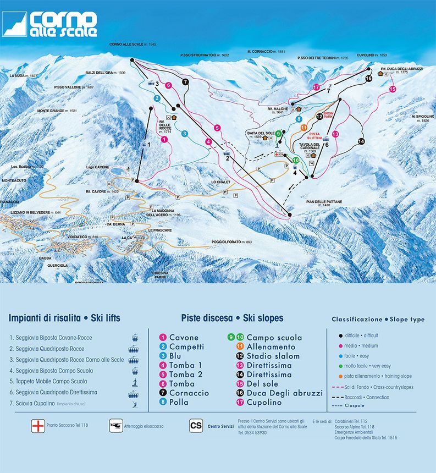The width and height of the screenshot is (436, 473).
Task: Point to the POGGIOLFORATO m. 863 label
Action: click(231, 242)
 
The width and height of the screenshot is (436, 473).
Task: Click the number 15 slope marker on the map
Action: click(393, 89)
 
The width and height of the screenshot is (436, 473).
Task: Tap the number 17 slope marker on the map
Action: click(316, 87)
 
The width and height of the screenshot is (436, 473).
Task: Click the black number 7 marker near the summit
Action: click(185, 82)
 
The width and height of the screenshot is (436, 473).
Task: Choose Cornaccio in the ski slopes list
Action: click(189, 393)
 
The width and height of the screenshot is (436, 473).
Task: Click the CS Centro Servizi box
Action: click(195, 425)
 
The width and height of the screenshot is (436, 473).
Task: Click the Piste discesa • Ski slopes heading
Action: click(232, 318)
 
